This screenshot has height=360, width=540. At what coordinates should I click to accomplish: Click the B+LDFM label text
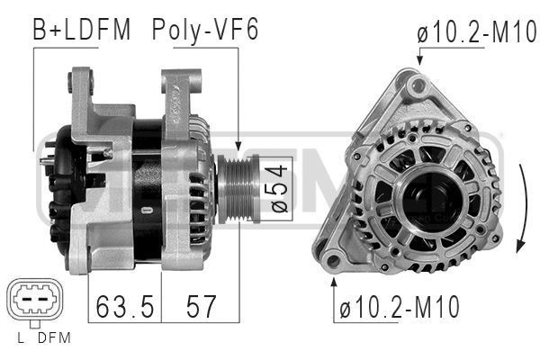82,30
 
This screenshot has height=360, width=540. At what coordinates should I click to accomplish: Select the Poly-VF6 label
205,30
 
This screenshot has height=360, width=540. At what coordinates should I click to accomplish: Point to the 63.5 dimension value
123,307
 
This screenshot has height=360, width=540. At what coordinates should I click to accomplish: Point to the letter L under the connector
20,339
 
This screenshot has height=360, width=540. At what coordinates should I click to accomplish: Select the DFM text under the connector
53,339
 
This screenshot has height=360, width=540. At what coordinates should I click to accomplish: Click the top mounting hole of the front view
415,85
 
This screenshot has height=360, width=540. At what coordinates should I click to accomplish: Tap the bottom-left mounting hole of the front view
333,262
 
